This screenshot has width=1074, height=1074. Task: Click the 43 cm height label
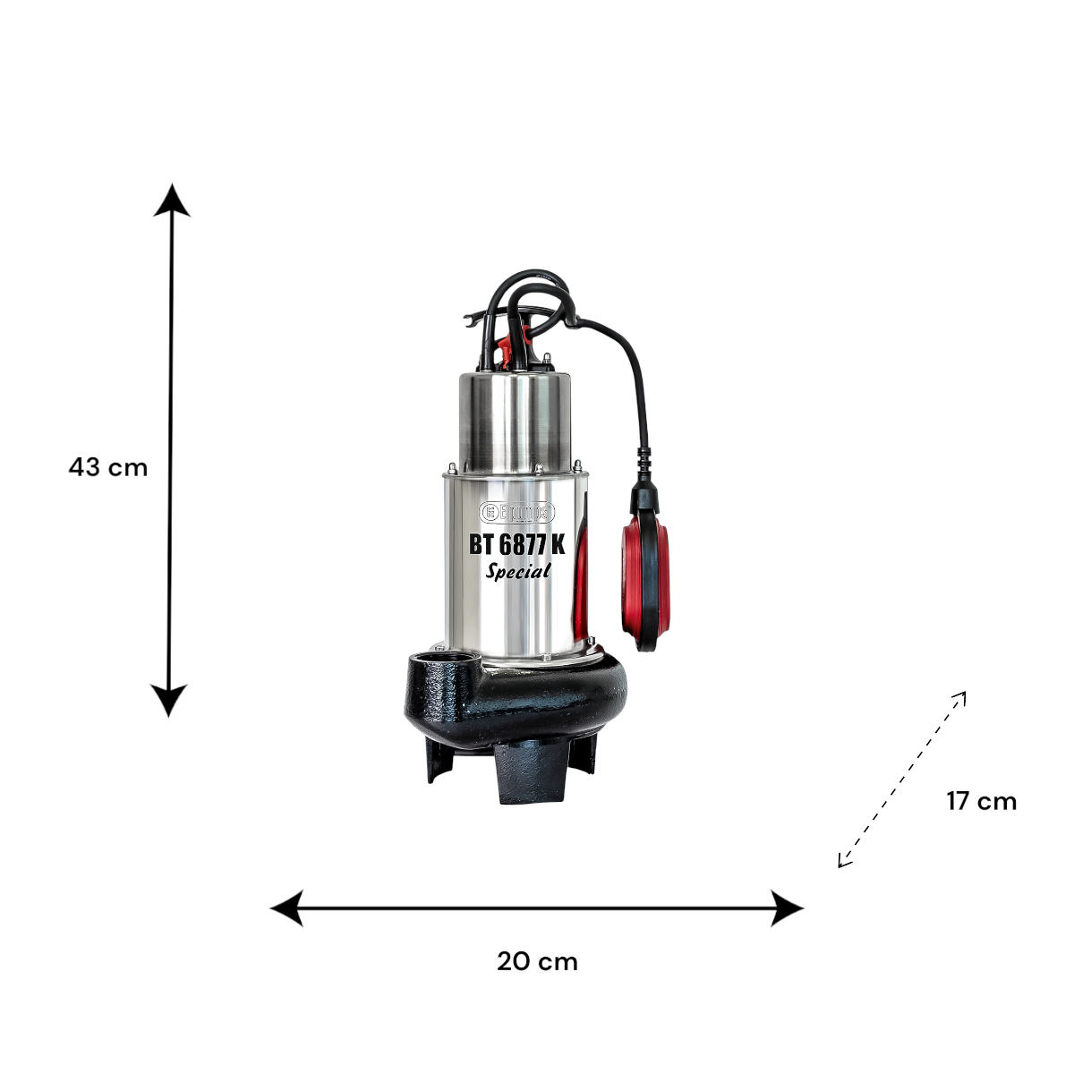point(108,467)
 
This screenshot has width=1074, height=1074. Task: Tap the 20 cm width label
point(537,962)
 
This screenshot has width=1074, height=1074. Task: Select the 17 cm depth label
point(981,802)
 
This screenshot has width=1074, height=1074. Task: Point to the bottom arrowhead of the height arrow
point(169,701)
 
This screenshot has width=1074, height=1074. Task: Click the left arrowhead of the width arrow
point(286,908)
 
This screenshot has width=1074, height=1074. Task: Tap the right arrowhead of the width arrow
point(787,908)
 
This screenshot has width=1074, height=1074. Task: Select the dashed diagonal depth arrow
point(902,780)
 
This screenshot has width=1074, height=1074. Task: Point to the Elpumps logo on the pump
point(516,512)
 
